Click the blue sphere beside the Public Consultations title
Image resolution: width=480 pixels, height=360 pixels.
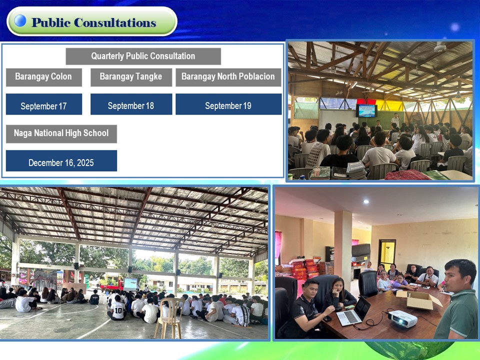[x=20, y=21]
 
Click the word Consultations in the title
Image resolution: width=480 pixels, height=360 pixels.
[x=115, y=22]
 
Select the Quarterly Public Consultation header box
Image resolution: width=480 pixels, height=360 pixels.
[x=143, y=56]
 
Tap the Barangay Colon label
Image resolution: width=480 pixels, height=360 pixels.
[x=44, y=77]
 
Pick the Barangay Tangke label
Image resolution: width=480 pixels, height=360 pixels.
[x=131, y=77]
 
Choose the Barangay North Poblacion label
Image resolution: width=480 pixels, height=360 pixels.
[x=228, y=77]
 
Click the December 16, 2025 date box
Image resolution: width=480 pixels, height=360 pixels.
[x=61, y=160]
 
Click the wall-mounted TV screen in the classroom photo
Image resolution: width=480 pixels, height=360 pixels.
[x=366, y=110]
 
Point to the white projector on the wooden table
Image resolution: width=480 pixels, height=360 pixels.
[x=402, y=318]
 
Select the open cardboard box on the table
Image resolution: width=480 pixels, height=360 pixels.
[x=419, y=299]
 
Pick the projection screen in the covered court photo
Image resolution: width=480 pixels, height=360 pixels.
[x=130, y=284]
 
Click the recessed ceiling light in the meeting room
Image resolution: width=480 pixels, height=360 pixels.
[x=366, y=201]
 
